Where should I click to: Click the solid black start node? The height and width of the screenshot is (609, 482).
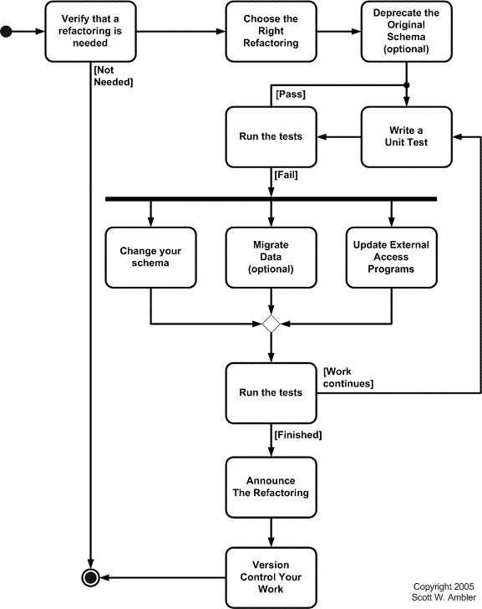pos(8,33)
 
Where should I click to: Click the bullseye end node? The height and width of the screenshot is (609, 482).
pos(89,577)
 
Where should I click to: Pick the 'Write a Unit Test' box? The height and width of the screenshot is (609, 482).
pos(406,136)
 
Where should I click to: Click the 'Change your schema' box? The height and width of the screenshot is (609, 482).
pos(150,257)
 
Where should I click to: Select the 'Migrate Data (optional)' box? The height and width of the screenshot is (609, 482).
pos(271,257)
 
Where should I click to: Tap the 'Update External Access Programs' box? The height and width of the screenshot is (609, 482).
pos(391,257)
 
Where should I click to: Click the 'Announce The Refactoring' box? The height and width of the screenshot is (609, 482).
pos(271,487)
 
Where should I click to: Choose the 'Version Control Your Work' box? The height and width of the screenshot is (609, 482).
pos(271,577)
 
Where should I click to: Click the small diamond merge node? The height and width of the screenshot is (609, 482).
pos(271,324)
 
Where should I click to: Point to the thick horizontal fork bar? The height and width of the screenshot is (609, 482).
pos(271,199)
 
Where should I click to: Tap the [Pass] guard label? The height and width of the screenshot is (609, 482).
pos(290,94)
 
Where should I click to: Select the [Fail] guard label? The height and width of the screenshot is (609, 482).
pos(286,176)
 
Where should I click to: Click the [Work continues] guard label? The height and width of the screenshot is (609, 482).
pos(348,377)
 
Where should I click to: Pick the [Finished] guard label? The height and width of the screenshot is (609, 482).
pos(297,435)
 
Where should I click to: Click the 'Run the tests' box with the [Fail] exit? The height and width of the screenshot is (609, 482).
pos(271,136)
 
